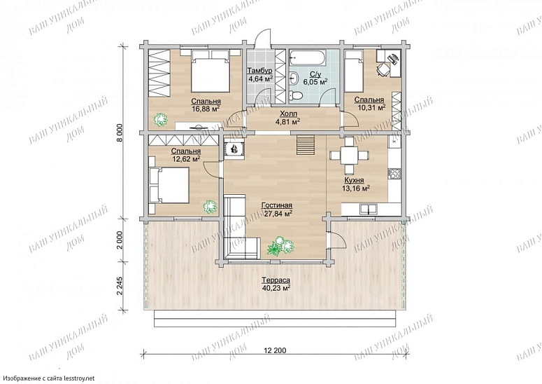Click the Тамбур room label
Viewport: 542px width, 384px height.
(259, 71)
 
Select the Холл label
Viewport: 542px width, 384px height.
(288, 114)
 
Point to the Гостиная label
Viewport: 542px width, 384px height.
(277, 205)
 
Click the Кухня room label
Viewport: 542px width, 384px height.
(354, 180)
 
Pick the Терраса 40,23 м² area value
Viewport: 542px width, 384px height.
(276, 287)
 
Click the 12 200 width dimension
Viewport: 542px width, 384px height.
(275, 350)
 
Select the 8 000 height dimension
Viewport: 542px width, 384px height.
(120, 132)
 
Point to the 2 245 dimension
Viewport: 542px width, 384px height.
(120, 285)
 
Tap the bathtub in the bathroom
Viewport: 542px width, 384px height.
(307, 57)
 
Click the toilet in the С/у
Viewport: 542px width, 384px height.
(295, 95)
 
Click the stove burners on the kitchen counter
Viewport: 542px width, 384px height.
(394, 174)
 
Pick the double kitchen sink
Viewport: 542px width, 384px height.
(369, 209)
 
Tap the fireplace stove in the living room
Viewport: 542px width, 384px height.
(235, 149)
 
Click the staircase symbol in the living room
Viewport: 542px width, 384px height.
(305, 145)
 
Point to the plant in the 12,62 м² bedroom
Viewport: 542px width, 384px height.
(211, 207)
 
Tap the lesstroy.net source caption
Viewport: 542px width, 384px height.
(48, 378)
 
